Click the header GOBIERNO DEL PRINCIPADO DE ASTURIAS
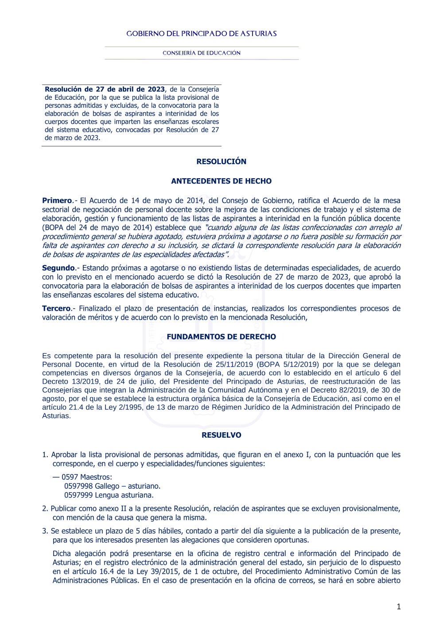pos(202,34)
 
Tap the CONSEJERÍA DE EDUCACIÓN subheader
pos(202,53)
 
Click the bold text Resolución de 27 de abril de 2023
pos(105,90)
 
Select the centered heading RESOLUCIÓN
pos(221,161)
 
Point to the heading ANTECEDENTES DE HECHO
pos(221,181)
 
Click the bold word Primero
pos(57,201)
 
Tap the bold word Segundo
pos(58,268)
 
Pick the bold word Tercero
pos(56,309)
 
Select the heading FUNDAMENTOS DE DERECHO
pos(221,337)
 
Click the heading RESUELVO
pos(221,435)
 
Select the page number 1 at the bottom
pos(399,607)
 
